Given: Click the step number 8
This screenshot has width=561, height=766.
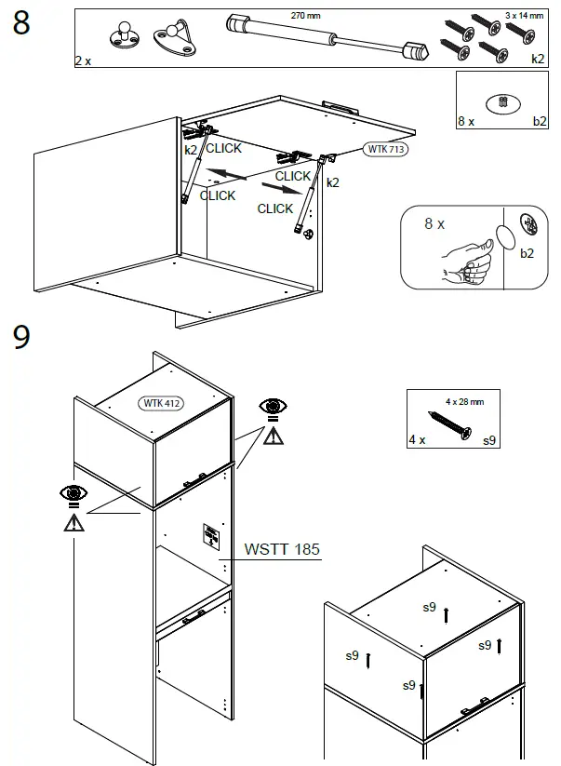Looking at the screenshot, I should point(21,24).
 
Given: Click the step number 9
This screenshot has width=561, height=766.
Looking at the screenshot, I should point(21,338).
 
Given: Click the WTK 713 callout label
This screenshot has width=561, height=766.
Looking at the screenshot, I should point(385,148).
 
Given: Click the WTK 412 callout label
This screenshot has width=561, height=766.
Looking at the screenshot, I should point(162,403).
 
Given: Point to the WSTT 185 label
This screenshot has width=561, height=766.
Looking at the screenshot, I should point(281,549).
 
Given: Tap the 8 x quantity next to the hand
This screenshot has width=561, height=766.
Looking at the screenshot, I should point(434,224).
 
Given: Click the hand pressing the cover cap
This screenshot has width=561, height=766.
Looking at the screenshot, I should point(467,263).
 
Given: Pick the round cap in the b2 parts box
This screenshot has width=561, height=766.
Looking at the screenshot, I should point(501,102).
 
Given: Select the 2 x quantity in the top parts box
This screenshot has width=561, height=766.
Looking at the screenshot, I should point(83,60).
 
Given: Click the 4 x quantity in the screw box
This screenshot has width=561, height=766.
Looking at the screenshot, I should point(417,438).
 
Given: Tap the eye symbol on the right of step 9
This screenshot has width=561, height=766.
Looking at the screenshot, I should point(272,407).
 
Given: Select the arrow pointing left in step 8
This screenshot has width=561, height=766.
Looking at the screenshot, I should point(227,172).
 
